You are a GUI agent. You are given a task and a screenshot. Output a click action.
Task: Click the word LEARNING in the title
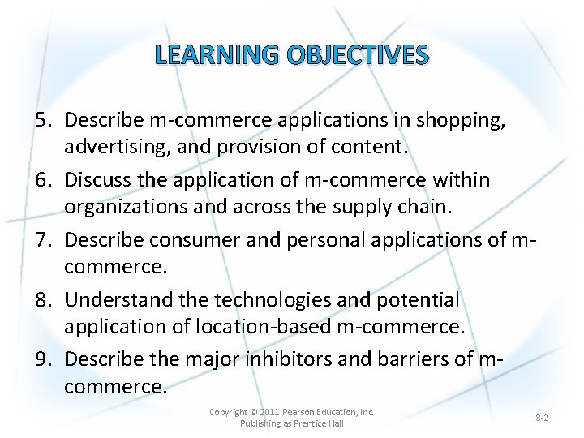click(x=208, y=55)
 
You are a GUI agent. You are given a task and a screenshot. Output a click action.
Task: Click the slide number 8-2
click(x=542, y=417)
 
